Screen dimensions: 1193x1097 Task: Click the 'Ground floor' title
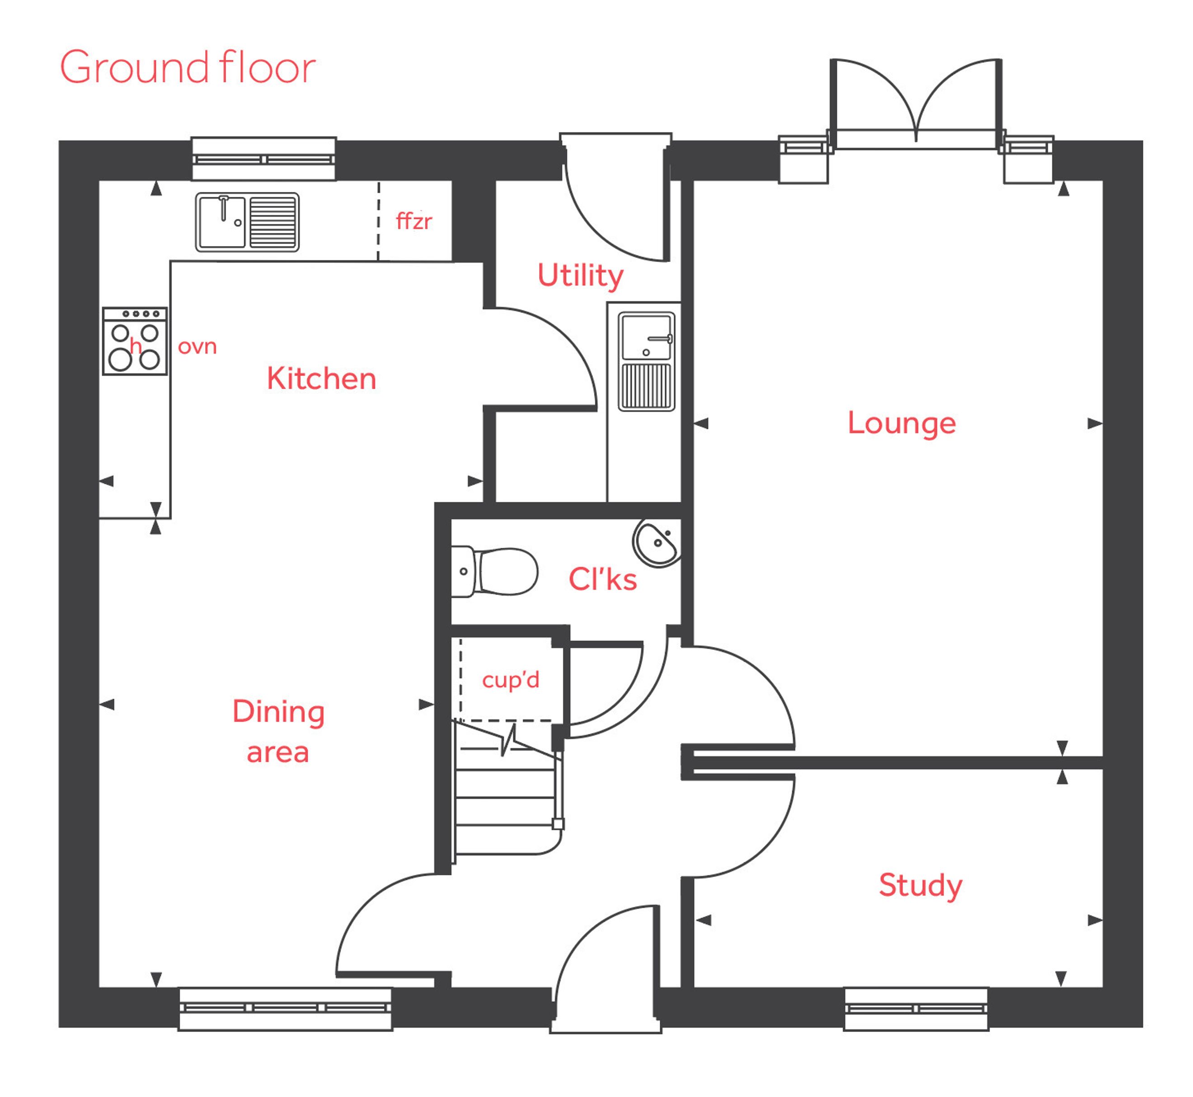coord(188,68)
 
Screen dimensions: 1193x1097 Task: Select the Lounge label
coord(902,424)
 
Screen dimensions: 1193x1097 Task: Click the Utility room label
coord(580,276)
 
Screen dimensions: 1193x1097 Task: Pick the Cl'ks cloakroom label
coord(602,579)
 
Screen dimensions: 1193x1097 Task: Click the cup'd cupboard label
coord(511,680)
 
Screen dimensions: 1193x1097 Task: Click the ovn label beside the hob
coord(197,347)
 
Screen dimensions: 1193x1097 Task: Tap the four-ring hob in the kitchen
coord(135,341)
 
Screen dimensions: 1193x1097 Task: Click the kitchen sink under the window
coord(247,222)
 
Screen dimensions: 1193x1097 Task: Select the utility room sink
coord(647,361)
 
